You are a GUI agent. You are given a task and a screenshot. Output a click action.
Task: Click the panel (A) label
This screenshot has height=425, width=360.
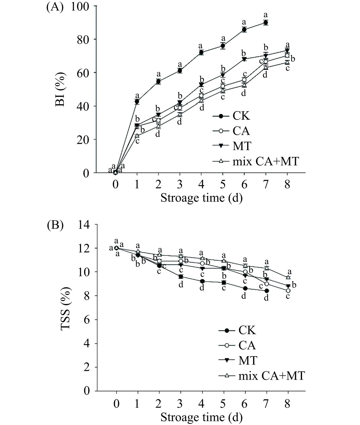pos(54,7)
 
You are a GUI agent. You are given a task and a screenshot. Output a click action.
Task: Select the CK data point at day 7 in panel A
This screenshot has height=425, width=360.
pos(266,23)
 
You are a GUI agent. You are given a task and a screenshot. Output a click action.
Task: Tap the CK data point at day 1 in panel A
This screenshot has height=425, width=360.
pos(137,101)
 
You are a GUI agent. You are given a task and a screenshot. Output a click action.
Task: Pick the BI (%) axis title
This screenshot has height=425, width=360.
pos(61,89)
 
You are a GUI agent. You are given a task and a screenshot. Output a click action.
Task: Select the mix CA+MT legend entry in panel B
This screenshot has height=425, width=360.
pos(272,376)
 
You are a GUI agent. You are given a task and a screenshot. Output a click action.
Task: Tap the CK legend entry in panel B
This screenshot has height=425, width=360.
pos(247,330)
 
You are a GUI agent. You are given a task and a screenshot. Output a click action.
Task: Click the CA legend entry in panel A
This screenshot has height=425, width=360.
pos(241,131)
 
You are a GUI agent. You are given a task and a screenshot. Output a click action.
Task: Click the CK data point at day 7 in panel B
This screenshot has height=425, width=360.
pos(267,291)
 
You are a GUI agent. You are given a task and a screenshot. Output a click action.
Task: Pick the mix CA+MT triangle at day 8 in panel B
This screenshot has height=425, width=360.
pos(288,277)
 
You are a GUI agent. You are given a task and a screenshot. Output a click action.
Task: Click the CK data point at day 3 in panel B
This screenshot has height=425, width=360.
pos(181,276)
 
